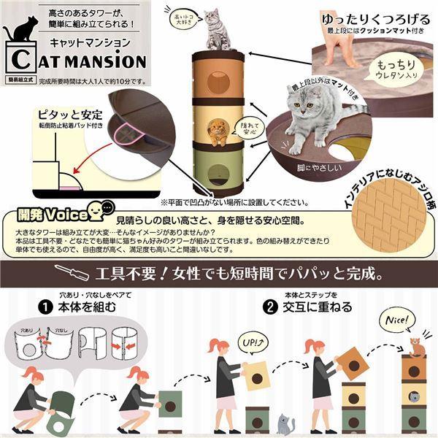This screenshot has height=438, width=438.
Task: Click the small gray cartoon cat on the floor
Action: (284, 423)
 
